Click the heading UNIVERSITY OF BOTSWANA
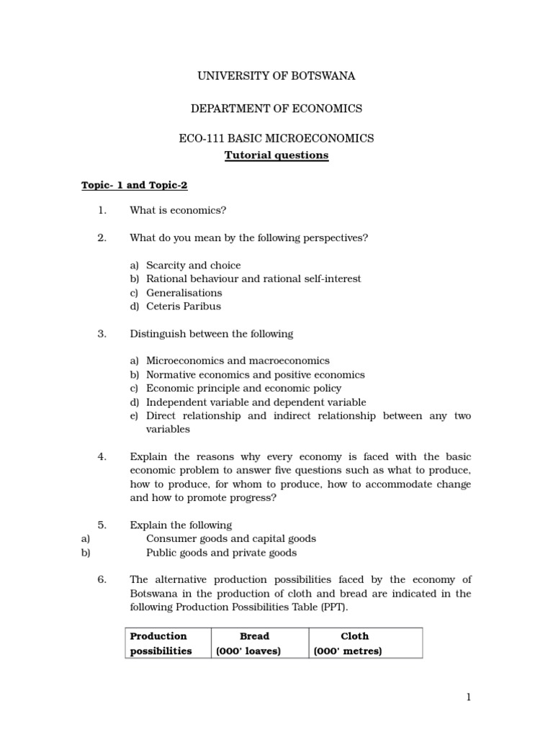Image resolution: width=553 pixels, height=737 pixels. coord(276,76)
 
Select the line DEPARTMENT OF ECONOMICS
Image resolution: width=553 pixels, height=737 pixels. coord(276,109)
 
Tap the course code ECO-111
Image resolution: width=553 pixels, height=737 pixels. coord(201,139)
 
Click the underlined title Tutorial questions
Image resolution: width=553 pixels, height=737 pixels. coord(276,155)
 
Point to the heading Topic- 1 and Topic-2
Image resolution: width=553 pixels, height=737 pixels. coord(134,186)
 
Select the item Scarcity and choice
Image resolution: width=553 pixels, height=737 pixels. coord(193,266)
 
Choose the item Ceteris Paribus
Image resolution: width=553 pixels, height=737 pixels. coord(184,306)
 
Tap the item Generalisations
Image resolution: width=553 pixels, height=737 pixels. coord(184,293)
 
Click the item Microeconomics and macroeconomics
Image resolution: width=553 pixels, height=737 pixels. coord(238,361)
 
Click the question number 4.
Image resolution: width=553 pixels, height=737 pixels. coord(102,456)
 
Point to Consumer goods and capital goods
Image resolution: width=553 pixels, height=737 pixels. coord(230,538)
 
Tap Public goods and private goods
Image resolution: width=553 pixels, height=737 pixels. coord(221,553)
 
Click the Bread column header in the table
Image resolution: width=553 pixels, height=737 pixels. coord(255,636)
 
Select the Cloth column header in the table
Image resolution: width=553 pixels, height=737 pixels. coord(354,636)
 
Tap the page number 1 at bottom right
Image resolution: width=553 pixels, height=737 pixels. coord(468,697)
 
